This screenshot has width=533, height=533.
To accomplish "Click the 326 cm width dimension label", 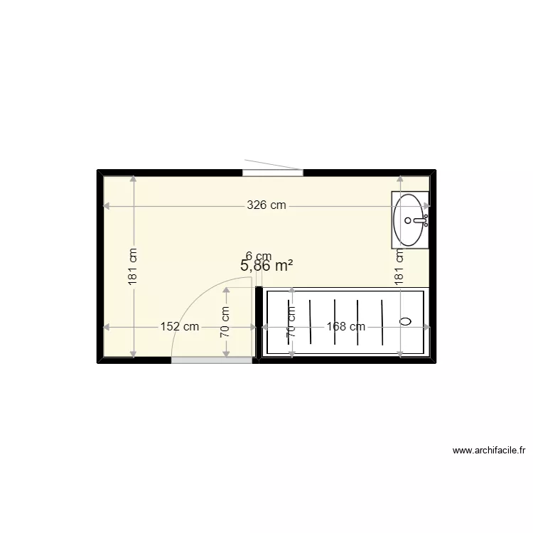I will tap(266, 206).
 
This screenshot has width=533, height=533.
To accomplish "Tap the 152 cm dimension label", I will tap(180, 327).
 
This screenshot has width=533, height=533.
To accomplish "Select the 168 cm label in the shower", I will tap(346, 327).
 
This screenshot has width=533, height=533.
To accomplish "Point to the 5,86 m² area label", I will tap(267, 266).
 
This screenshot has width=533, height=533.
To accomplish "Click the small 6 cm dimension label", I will tap(259, 256).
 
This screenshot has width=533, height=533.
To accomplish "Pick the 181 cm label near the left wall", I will tap(134, 267).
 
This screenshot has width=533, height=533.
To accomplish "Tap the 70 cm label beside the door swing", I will tap(225, 321).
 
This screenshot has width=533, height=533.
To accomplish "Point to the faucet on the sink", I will tap(422, 220).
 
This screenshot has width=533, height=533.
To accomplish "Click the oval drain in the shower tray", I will tap(406, 321).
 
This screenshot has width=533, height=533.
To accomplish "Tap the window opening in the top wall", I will tap(273, 172).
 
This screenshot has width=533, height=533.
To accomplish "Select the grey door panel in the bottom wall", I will tap(212, 360).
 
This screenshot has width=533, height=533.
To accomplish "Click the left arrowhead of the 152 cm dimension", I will tap(107, 327).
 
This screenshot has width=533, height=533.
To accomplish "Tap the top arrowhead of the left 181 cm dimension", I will tap(134, 179).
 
